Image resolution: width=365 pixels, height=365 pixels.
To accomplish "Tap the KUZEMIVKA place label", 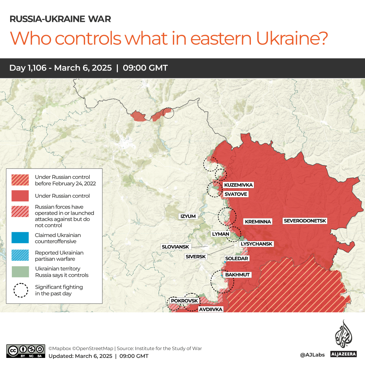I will tap(238, 185).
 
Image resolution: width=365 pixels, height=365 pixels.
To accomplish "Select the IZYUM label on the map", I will tap(188, 216).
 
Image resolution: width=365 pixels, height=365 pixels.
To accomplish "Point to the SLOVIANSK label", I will tap(175, 247).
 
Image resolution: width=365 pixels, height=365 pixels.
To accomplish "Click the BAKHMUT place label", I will tap(237, 275).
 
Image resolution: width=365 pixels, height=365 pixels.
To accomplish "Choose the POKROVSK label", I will tap(184, 301).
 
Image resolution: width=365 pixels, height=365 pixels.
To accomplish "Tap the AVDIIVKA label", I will tap(210, 309).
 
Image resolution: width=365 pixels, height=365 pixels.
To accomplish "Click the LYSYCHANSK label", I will tap(256, 244).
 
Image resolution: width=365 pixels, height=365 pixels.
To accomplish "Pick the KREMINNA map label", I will tap(258, 221).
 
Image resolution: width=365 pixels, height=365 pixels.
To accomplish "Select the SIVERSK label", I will tap(195, 257).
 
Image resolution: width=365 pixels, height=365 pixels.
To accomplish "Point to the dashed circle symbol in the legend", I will tap(21, 290).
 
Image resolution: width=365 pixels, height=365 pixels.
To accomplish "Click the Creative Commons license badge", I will tap(25, 351).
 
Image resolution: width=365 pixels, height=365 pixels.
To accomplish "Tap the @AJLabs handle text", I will tap(312, 355).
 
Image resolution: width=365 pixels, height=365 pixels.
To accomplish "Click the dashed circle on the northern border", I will tap(168, 113).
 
